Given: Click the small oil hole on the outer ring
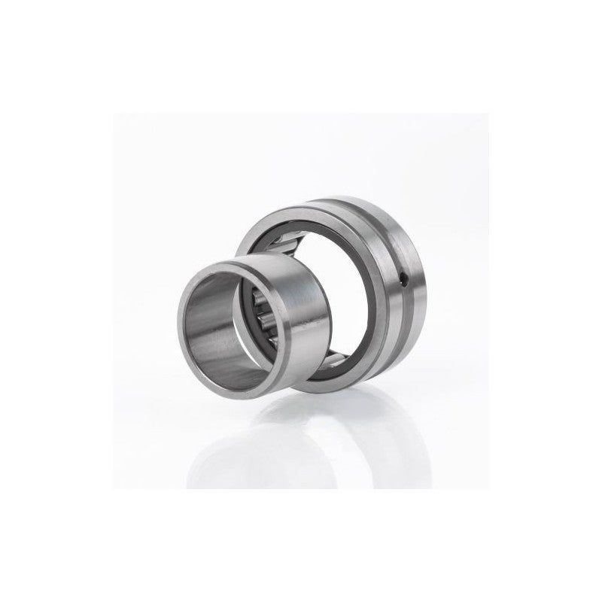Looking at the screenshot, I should [406, 281].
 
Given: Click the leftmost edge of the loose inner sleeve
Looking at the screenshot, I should [178, 312].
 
